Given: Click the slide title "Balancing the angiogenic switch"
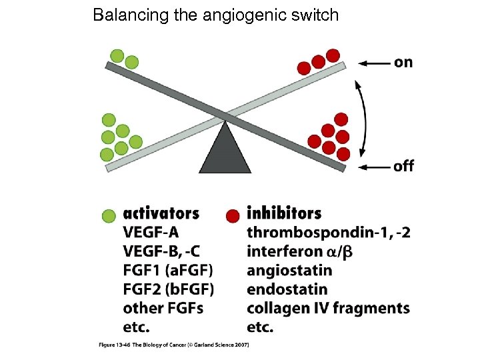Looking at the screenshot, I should (x=216, y=15).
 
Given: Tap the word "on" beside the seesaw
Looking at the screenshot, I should (x=403, y=63).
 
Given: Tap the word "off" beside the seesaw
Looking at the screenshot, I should (x=404, y=166).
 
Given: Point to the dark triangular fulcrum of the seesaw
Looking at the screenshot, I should (x=225, y=150).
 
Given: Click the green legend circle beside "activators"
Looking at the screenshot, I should (x=109, y=215).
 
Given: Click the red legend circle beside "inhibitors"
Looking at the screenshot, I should (x=233, y=215).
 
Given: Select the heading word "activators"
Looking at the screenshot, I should (x=161, y=214).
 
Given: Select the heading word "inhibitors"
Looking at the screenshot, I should (x=284, y=214).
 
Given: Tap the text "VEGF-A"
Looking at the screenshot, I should (x=151, y=233).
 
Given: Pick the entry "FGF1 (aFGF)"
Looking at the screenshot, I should (x=168, y=271).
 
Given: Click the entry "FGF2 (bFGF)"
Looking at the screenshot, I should (x=169, y=289).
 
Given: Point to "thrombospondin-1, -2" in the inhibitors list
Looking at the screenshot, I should (x=329, y=233).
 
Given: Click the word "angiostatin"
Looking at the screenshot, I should (x=289, y=271).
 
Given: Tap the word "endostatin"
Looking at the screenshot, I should (x=287, y=289).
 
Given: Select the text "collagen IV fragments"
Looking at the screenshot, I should (x=328, y=308).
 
